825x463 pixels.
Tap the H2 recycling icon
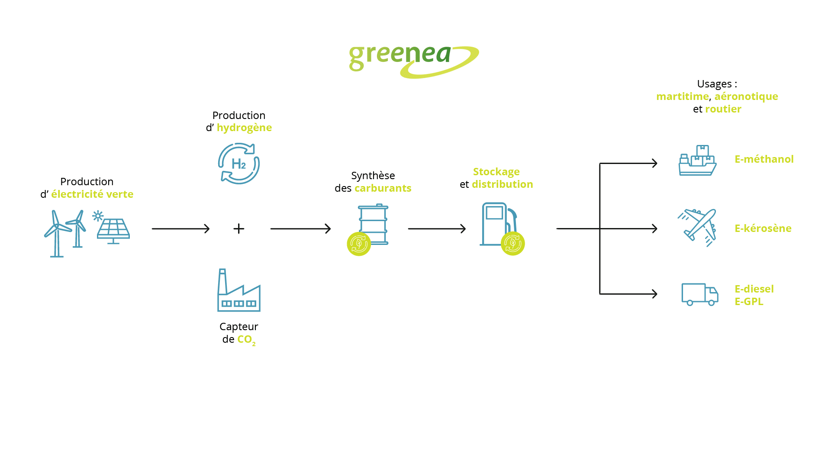pos(238,164)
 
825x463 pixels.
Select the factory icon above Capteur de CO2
pos(238,290)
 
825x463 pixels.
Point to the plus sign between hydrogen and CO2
pos(238,228)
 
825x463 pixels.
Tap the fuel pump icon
pos(498,225)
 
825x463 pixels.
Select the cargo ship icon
pos(697,161)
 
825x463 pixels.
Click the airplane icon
pos(697,228)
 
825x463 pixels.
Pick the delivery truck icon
pos(699,294)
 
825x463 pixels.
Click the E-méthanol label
pos(764,159)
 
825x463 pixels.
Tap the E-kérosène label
pos(763,228)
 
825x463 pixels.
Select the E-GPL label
pos(749,302)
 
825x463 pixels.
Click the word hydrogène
pos(244,128)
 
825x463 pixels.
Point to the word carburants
pos(383,188)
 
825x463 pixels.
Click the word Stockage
pos(496,172)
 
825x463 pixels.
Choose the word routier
pos(723,109)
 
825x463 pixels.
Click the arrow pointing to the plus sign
pos(180,228)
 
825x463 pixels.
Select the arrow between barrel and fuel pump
pos(437,228)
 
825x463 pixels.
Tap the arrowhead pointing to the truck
pos(654,294)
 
